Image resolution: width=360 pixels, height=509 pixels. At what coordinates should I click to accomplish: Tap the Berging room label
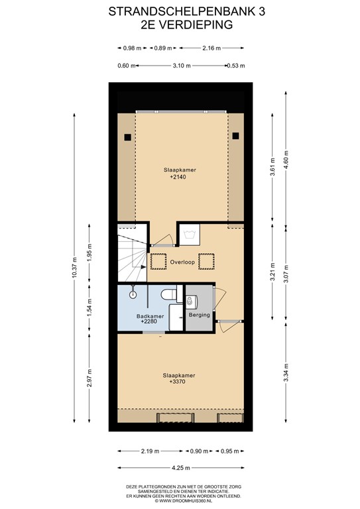tap(199, 315)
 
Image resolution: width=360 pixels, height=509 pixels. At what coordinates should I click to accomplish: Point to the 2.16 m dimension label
tap(211, 48)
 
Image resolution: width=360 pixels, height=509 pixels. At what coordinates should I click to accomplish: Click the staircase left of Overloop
tap(131, 255)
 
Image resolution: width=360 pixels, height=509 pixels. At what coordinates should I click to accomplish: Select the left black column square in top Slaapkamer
tap(126, 137)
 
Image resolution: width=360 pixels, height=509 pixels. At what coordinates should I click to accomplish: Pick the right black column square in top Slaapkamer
tap(235, 137)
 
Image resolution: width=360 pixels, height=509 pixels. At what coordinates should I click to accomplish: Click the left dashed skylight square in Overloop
tap(158, 261)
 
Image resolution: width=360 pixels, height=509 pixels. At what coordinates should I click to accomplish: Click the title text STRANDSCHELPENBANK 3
tap(180, 11)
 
